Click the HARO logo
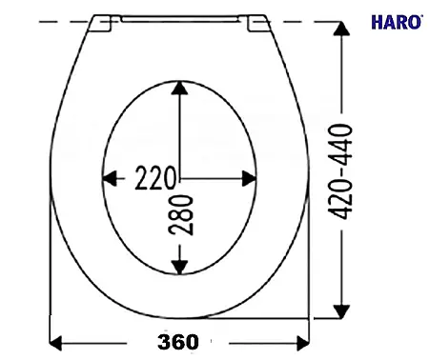click(x=397, y=22)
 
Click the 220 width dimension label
click(x=155, y=178)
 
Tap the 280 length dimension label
click(x=181, y=215)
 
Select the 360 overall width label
click(x=178, y=342)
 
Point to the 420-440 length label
click(x=341, y=171)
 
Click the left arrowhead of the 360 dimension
click(x=55, y=343)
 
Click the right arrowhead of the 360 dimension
click(x=303, y=343)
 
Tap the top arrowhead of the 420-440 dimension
click(x=341, y=29)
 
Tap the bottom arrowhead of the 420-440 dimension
click(x=341, y=311)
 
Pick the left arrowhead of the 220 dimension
click(x=110, y=178)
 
